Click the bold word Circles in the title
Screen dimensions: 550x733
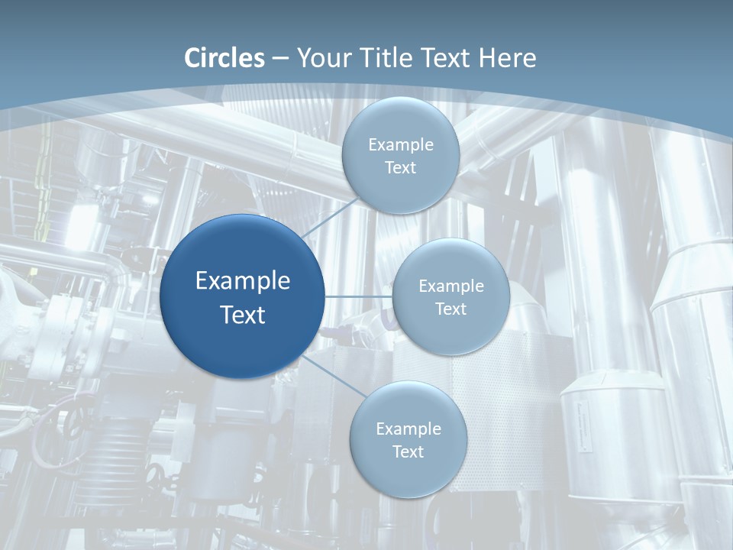click(224, 58)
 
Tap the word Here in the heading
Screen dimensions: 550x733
click(508, 58)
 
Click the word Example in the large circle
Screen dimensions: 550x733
click(243, 281)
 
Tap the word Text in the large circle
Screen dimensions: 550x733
click(243, 315)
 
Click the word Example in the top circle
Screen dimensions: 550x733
click(400, 144)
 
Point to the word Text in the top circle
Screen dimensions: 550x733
click(400, 167)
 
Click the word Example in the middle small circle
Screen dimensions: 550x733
click(451, 286)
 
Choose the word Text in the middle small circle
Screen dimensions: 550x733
click(451, 309)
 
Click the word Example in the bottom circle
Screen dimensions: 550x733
click(408, 429)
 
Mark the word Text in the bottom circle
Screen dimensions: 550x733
click(408, 451)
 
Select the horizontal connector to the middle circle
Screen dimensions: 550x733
click(357, 296)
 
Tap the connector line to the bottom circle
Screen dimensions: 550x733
click(334, 376)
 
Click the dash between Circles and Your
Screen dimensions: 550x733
click(280, 59)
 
